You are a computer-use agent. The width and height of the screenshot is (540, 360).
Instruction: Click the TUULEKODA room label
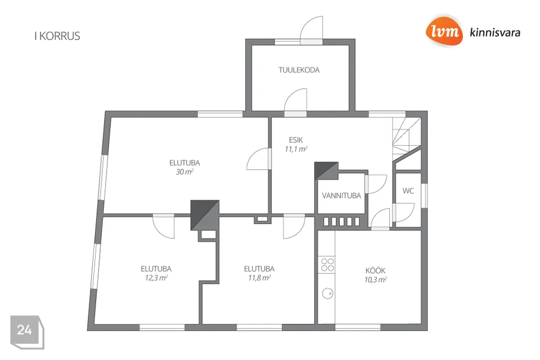[299, 70]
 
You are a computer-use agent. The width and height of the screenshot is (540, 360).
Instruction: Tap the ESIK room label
[296, 140]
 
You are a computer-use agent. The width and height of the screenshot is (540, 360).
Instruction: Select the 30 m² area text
[184, 172]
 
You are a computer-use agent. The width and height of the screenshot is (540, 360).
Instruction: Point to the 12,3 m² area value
[156, 278]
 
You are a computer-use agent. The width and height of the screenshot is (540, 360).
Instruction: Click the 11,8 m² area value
[259, 278]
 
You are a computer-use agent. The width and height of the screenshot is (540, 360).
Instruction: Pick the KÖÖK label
[375, 271]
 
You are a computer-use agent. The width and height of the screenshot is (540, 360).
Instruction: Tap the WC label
[408, 191]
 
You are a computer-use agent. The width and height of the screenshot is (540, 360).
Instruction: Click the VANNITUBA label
[341, 196]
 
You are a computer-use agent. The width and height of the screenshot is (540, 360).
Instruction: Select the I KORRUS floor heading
[57, 36]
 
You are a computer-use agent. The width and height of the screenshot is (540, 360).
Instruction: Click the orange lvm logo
[444, 31]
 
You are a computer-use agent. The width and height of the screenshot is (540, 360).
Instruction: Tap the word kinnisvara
[495, 33]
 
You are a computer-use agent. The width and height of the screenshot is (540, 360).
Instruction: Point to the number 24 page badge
[27, 331]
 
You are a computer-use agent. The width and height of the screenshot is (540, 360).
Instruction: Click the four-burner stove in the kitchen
[327, 264]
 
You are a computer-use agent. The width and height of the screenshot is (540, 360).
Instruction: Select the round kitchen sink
[327, 294]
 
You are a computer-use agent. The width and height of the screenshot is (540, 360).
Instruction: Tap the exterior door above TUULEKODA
[311, 31]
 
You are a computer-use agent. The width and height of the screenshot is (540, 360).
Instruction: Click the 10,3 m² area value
[375, 280]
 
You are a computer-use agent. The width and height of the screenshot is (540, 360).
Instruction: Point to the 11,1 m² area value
[296, 149]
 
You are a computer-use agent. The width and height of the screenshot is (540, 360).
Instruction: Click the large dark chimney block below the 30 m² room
[205, 215]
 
